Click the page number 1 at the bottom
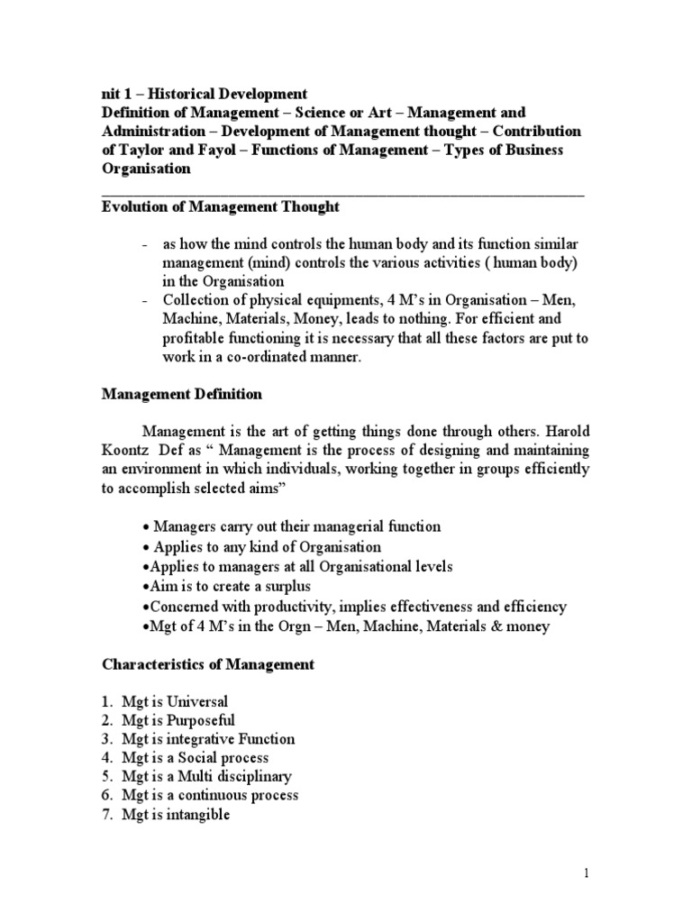(585, 874)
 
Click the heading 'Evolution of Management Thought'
(220, 207)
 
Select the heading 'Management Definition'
(181, 394)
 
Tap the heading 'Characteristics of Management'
(208, 664)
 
